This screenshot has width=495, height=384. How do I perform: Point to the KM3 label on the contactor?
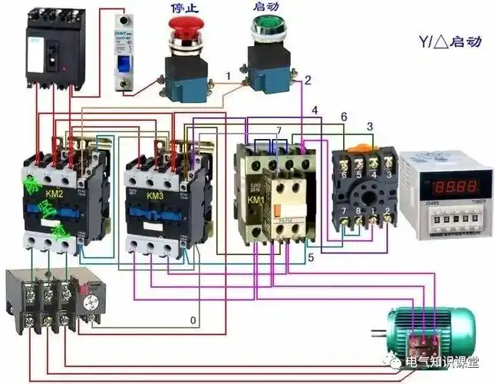155,196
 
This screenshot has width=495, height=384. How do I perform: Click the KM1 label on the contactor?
256,200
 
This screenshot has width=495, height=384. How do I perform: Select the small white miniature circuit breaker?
128,55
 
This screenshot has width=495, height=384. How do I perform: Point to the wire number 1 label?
228,74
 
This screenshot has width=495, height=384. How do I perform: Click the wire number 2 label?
308,79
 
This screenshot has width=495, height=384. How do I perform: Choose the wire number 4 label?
314,111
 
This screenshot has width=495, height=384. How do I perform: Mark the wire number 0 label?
193,319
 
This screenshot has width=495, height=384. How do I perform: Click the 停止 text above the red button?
183,6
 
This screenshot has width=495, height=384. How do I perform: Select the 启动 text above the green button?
264,6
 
